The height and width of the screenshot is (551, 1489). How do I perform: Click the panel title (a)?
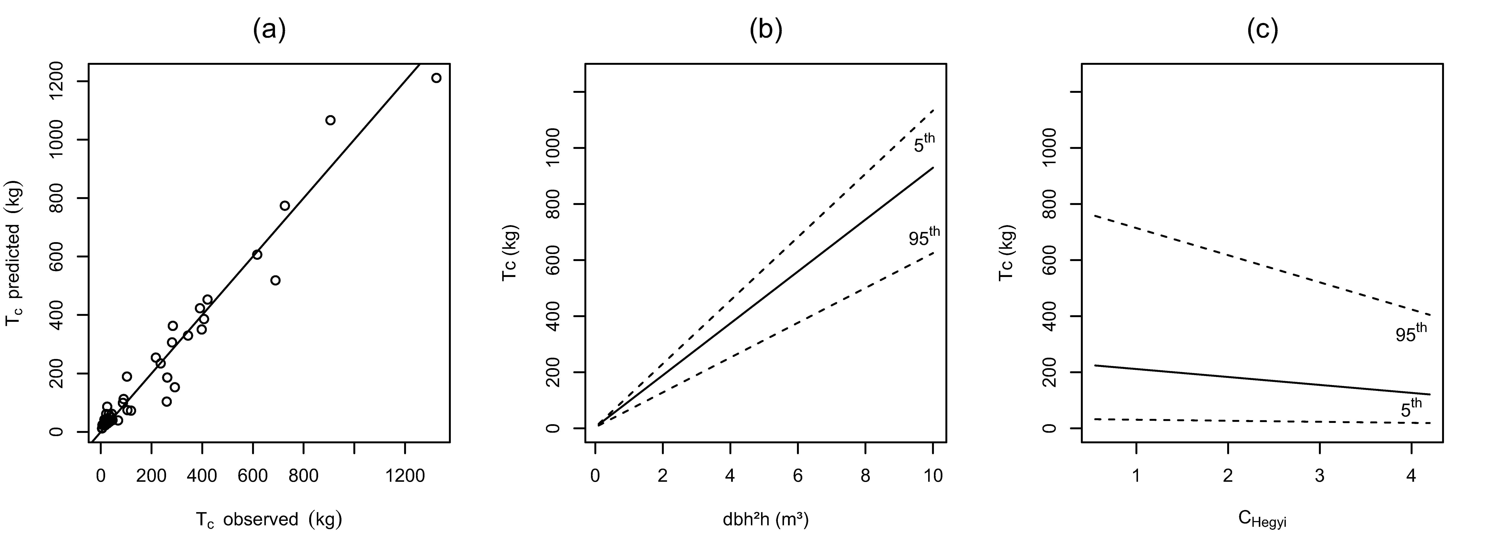(269, 30)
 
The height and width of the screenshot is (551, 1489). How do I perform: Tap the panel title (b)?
(766, 30)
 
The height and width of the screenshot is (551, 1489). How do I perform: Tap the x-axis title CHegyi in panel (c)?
(1262, 520)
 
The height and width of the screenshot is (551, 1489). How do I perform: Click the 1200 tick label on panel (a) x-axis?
(405, 476)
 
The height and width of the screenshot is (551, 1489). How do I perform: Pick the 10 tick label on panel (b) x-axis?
(933, 476)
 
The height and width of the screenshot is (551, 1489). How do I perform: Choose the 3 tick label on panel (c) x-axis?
(1320, 476)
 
